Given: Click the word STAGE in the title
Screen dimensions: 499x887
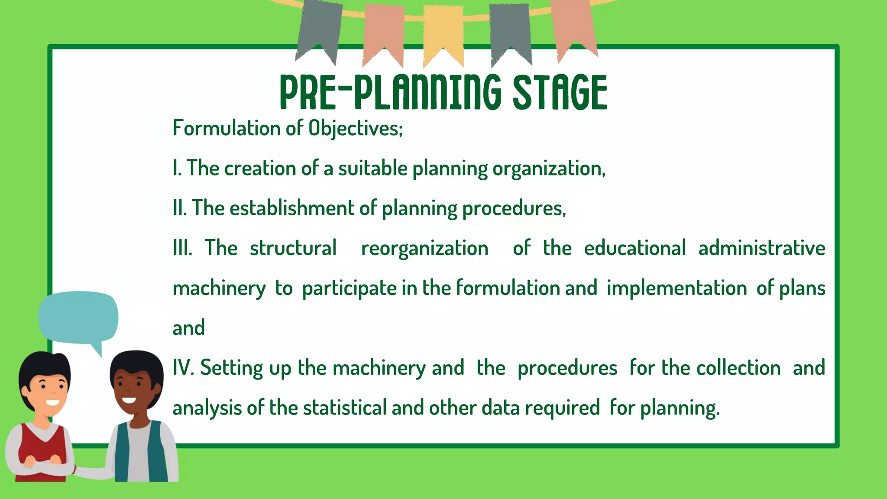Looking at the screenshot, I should [x=560, y=92].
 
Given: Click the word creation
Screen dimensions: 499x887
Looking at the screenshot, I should [x=260, y=168].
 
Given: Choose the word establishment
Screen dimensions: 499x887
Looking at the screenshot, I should [x=292, y=208].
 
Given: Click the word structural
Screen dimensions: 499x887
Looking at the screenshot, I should [x=293, y=248].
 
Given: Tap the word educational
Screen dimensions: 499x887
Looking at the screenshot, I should [x=634, y=248].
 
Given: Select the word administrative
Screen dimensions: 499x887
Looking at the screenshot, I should [x=761, y=248].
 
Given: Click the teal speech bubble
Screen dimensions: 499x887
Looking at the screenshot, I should [x=78, y=318].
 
